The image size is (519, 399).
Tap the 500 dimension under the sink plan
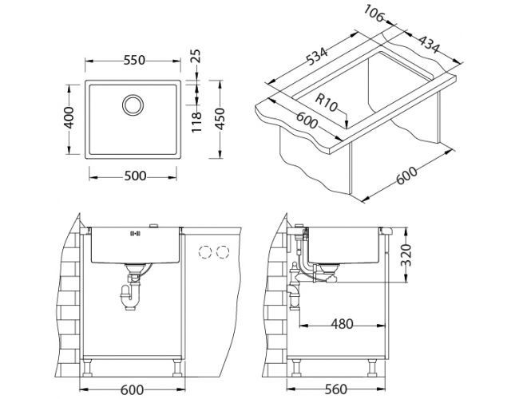pyautogui.click(x=134, y=176)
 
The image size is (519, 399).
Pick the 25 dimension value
pyautogui.click(x=196, y=57)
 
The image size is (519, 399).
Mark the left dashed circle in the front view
pyautogui.click(x=204, y=252)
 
